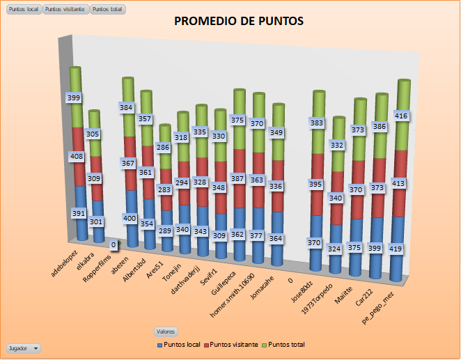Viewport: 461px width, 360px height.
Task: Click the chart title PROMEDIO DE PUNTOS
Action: click(x=239, y=21)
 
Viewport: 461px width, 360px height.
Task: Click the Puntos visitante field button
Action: click(x=65, y=9)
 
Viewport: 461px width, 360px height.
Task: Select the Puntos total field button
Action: click(x=108, y=9)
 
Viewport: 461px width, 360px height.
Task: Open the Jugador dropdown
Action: click(x=23, y=347)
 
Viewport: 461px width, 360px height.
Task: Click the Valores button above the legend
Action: click(x=166, y=332)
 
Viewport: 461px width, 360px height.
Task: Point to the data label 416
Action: click(x=401, y=116)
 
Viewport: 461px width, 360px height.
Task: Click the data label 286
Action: click(x=162, y=148)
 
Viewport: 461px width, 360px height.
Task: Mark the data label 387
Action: click(x=238, y=178)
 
